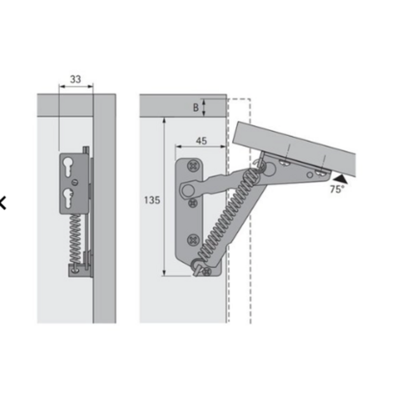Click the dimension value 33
pos(75,80)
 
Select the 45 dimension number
pos(200,141)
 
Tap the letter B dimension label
pos(195,108)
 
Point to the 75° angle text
pos(337,189)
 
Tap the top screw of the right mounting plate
pos(195,165)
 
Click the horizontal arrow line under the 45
pos(200,147)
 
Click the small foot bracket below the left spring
pos(77,269)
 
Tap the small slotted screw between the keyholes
pos(73,182)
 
